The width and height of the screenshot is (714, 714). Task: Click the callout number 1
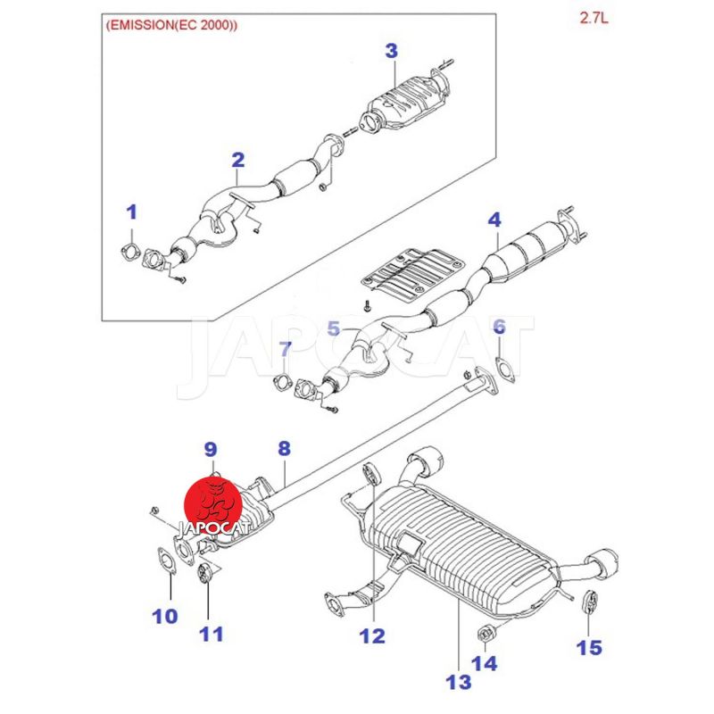[x=131, y=212]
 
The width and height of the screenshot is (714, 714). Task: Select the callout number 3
[x=392, y=51]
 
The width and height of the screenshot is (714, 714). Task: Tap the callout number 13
[x=458, y=682]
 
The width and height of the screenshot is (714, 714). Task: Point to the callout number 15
[x=589, y=648]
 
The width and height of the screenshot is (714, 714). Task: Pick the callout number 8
[x=284, y=449]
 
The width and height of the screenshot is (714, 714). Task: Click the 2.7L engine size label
[x=594, y=18]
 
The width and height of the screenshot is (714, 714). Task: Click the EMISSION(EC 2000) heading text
[x=171, y=25]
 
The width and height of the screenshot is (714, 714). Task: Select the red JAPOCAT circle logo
[x=212, y=505]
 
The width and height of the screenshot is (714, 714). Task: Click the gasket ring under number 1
[x=129, y=253]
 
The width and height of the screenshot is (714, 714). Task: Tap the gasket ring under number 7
[x=282, y=382]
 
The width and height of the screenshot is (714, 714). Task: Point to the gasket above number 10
[x=167, y=560]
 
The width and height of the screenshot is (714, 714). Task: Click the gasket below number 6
[x=504, y=369]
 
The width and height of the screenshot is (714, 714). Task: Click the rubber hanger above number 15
[x=591, y=602]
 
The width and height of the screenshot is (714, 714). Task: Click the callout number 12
[x=372, y=635]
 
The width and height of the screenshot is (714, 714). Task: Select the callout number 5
[x=334, y=328]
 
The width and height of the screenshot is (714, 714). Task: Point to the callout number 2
[x=237, y=160]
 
